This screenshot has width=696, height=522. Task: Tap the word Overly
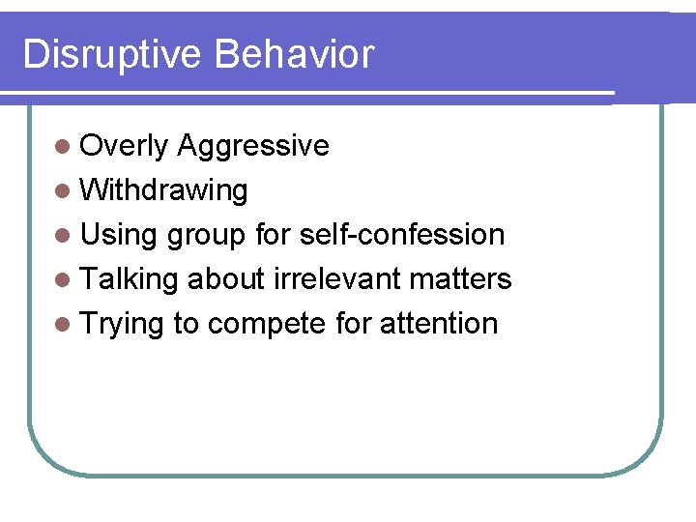pos(125,146)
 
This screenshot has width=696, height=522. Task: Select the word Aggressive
pos(253,146)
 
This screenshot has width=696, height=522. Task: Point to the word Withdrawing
pos(163,190)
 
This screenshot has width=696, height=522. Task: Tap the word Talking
pos(130,279)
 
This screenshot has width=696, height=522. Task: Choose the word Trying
pos(122,324)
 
